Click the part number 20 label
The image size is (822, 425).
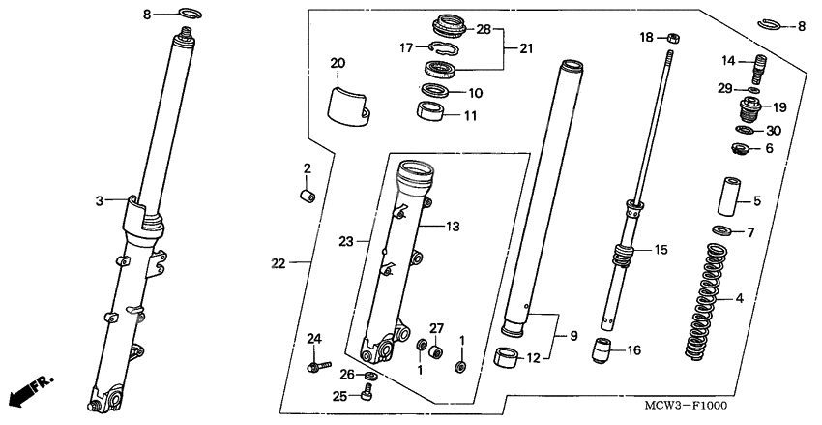point(338,64)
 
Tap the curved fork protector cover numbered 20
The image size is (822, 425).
point(348,105)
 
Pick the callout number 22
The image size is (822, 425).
point(279,263)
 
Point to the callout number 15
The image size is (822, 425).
point(661,250)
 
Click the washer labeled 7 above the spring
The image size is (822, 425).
point(720,231)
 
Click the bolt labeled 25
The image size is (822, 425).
point(367,391)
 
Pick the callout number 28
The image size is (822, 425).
point(484,30)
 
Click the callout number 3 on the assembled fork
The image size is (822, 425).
point(100,200)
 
